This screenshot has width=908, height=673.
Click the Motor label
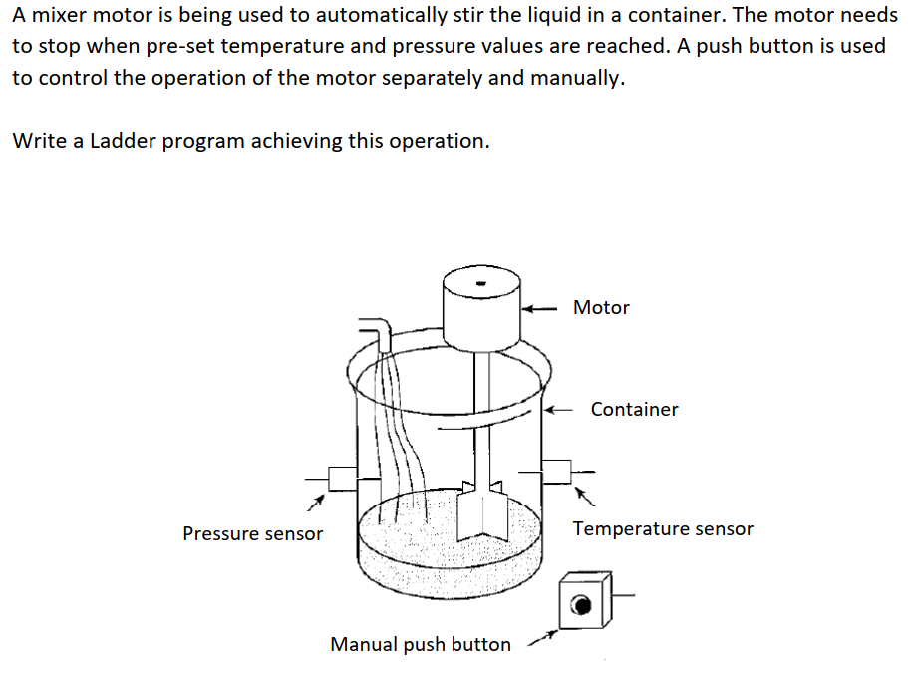[601, 307]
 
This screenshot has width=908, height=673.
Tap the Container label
[634, 409]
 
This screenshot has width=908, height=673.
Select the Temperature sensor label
[663, 529]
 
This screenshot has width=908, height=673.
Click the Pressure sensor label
[252, 534]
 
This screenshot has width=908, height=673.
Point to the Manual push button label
[420, 645]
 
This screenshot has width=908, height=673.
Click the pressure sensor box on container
[342, 478]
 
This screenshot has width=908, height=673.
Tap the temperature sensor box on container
[556, 471]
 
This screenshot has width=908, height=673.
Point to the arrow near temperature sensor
[586, 495]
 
